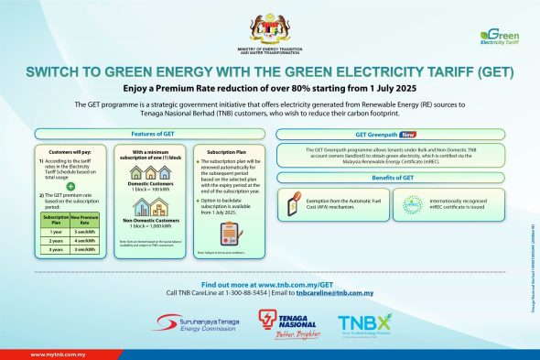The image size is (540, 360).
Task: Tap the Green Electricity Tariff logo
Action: [500, 37]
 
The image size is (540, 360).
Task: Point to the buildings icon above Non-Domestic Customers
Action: [151, 206]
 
